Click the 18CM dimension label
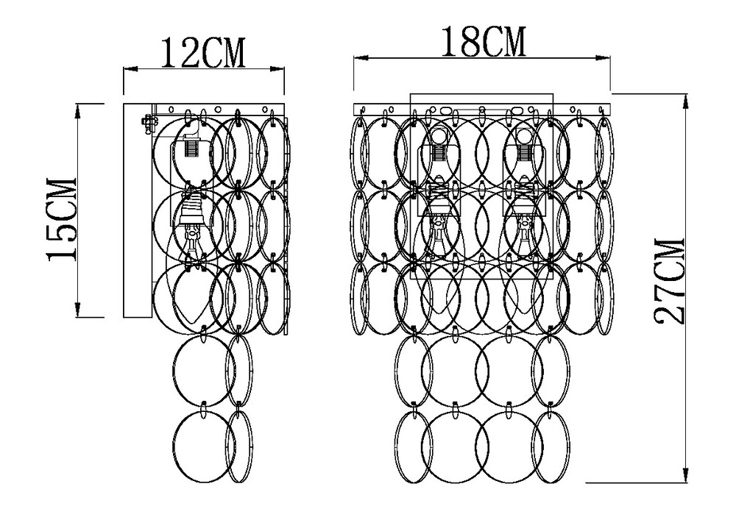484,41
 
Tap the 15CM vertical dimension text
61,219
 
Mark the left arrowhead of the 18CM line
360,58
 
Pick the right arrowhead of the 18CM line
604,58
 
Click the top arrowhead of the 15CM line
78,110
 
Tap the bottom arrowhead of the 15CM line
78,310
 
